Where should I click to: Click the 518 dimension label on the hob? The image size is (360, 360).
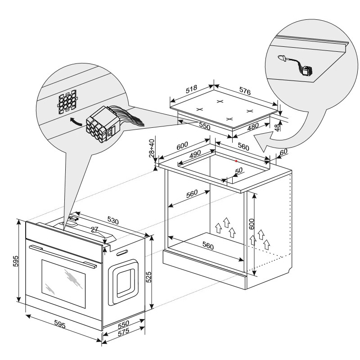coord(192,89)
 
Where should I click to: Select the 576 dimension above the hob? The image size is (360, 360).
coord(245,91)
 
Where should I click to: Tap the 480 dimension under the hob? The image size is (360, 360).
coord(253,126)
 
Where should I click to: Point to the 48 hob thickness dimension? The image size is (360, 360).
coord(278,127)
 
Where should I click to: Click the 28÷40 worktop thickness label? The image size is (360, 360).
coord(152,148)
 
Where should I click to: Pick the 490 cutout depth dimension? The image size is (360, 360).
coord(195,154)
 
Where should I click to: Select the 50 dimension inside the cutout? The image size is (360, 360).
coord(238,171)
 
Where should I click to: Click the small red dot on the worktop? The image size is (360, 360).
coord(236,161)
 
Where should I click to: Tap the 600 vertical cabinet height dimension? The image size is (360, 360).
coord(252,224)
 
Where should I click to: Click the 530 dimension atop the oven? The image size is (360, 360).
coord(113,221)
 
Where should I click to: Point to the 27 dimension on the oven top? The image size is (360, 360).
coord(94,229)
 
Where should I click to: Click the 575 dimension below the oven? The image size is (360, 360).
coord(123,333)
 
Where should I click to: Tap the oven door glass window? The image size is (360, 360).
coord(63,284)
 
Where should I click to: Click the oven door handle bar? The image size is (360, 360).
coord(63,256)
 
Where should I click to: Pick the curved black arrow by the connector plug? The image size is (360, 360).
coord(75,121)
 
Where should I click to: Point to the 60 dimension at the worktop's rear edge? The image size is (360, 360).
coord(284,152)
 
